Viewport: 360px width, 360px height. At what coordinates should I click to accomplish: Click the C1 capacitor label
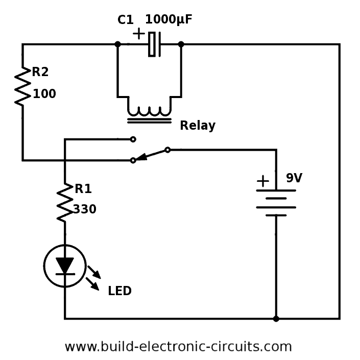pyautogui.click(x=125, y=20)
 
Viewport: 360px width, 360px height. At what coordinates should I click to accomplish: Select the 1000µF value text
pyautogui.click(x=169, y=20)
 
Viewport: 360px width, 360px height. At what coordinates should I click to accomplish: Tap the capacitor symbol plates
pyautogui.click(x=155, y=44)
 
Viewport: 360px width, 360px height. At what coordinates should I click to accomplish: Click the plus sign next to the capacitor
pyautogui.click(x=138, y=34)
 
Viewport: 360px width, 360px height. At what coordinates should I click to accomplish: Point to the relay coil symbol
pyautogui.click(x=149, y=110)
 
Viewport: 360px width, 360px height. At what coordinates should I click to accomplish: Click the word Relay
pyautogui.click(x=197, y=126)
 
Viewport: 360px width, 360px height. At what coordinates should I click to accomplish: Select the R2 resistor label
pyautogui.click(x=40, y=73)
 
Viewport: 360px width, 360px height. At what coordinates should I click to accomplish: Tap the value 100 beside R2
pyautogui.click(x=44, y=94)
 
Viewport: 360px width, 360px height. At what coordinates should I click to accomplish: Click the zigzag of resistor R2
pyautogui.click(x=22, y=87)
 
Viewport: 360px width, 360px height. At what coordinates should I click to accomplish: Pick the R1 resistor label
pyautogui.click(x=83, y=189)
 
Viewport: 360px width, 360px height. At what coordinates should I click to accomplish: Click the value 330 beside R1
pyautogui.click(x=84, y=209)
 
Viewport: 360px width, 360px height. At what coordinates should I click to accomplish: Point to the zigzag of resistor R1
pyautogui.click(x=65, y=203)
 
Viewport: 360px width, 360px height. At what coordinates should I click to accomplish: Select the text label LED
pyautogui.click(x=119, y=292)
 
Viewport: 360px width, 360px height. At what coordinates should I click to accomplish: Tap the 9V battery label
pyautogui.click(x=294, y=178)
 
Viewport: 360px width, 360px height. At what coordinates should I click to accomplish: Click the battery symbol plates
pyautogui.click(x=276, y=202)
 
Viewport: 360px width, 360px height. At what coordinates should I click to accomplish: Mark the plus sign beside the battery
pyautogui.click(x=262, y=181)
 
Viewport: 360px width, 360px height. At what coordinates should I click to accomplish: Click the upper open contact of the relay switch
pyautogui.click(x=133, y=139)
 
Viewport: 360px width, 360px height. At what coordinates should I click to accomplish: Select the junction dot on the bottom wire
pyautogui.click(x=276, y=319)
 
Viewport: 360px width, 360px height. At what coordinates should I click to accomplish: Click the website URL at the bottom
pyautogui.click(x=178, y=347)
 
